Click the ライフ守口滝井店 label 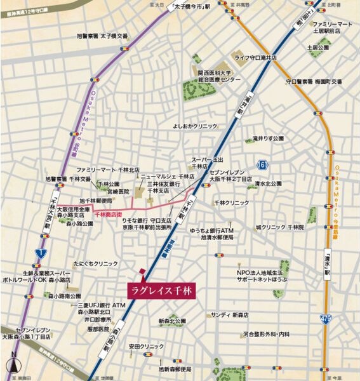coord(260,58)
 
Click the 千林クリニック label coord(232,203)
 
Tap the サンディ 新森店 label coord(229,315)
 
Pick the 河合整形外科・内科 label coord(266,334)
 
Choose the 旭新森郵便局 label coord(175,369)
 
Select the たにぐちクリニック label coord(96,262)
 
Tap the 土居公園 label coord(317,48)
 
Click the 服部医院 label coord(99,329)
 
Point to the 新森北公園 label coord(172,321)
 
